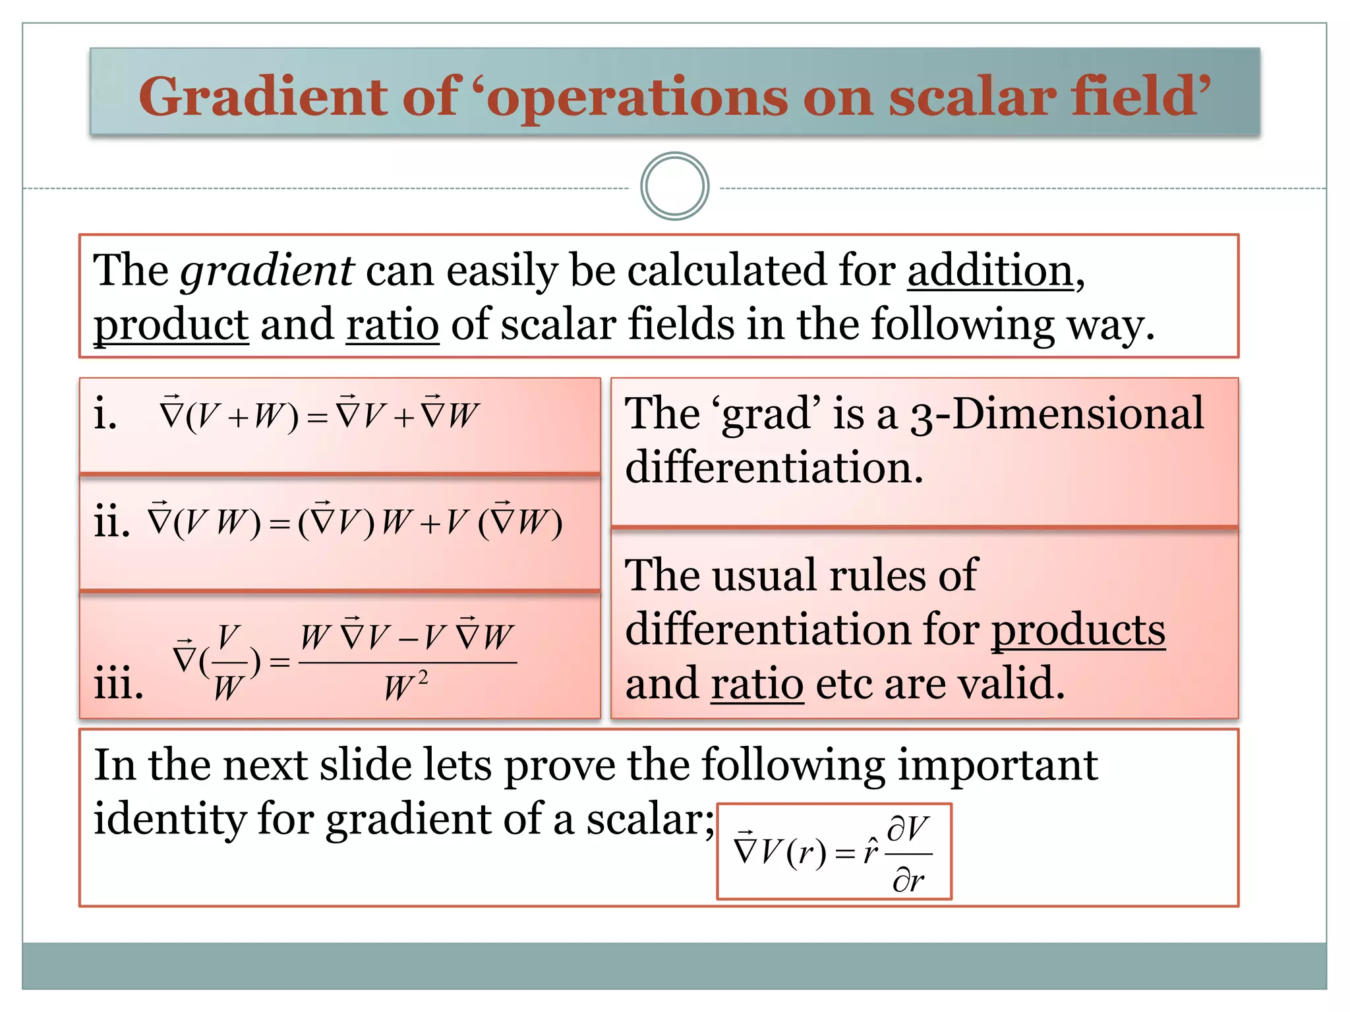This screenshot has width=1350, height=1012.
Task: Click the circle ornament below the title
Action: click(674, 186)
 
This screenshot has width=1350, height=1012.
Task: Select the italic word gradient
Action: click(267, 271)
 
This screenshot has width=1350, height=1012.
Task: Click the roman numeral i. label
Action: click(105, 415)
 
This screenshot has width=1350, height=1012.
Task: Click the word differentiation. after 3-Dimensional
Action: click(774, 467)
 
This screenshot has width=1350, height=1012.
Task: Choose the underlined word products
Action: click(1078, 630)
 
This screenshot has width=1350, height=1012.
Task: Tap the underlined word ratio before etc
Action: click(757, 684)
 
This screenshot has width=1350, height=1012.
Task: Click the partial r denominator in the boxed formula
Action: click(908, 880)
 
